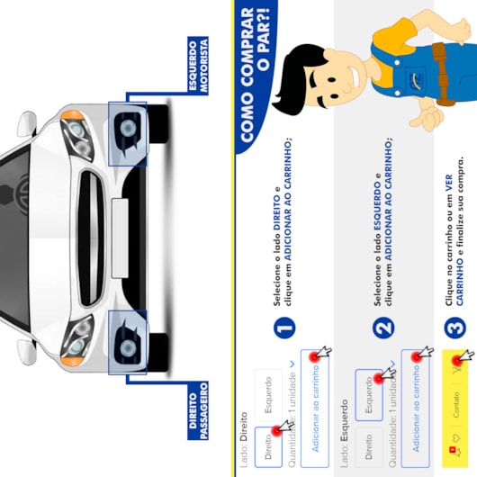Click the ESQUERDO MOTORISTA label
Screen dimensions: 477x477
198,66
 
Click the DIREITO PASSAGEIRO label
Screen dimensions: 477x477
198,410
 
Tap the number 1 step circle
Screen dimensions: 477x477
284,328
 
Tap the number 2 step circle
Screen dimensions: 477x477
383,328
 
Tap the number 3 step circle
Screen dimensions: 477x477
455,328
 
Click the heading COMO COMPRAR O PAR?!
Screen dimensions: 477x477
255,75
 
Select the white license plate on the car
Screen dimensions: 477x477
120,238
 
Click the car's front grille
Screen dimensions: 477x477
91,238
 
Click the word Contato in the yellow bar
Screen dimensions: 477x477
456,404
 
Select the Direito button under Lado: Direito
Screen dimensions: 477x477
268,447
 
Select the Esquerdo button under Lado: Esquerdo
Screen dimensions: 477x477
368,395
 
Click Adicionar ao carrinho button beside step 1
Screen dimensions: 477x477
315,409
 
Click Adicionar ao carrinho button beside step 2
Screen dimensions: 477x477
415,409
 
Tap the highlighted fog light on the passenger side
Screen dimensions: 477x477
128,343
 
